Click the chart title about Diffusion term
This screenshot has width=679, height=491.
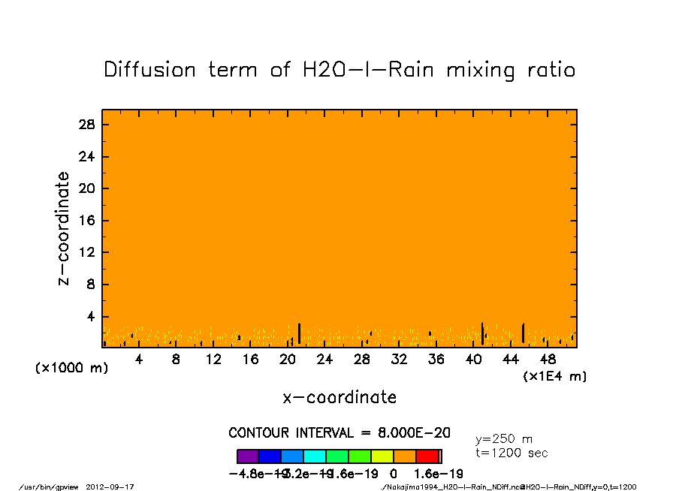tap(339, 70)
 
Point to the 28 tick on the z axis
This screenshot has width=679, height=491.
tap(87, 125)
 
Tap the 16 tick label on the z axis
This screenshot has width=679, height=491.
tap(87, 221)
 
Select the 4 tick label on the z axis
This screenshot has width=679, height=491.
tap(91, 317)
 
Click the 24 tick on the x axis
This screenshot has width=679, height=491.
tap(324, 360)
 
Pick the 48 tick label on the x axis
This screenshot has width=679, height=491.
tap(548, 360)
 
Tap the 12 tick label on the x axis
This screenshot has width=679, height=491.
tap(213, 360)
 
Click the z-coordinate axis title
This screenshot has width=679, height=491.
tap(65, 228)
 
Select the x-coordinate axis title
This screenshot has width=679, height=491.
tap(339, 397)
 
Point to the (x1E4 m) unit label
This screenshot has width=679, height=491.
tap(554, 376)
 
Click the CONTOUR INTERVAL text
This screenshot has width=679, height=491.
tap(339, 433)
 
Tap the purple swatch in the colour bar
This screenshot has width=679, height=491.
tap(248, 456)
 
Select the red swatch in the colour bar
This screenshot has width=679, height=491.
tap(427, 456)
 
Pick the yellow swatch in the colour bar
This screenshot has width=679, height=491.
tap(382, 456)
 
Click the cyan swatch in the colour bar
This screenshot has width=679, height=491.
tap(315, 456)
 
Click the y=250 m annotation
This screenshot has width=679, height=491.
tap(504, 439)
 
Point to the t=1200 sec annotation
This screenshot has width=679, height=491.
tap(512, 453)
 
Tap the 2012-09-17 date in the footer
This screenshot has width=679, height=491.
tap(116, 486)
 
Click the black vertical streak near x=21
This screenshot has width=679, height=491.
tap(299, 333)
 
